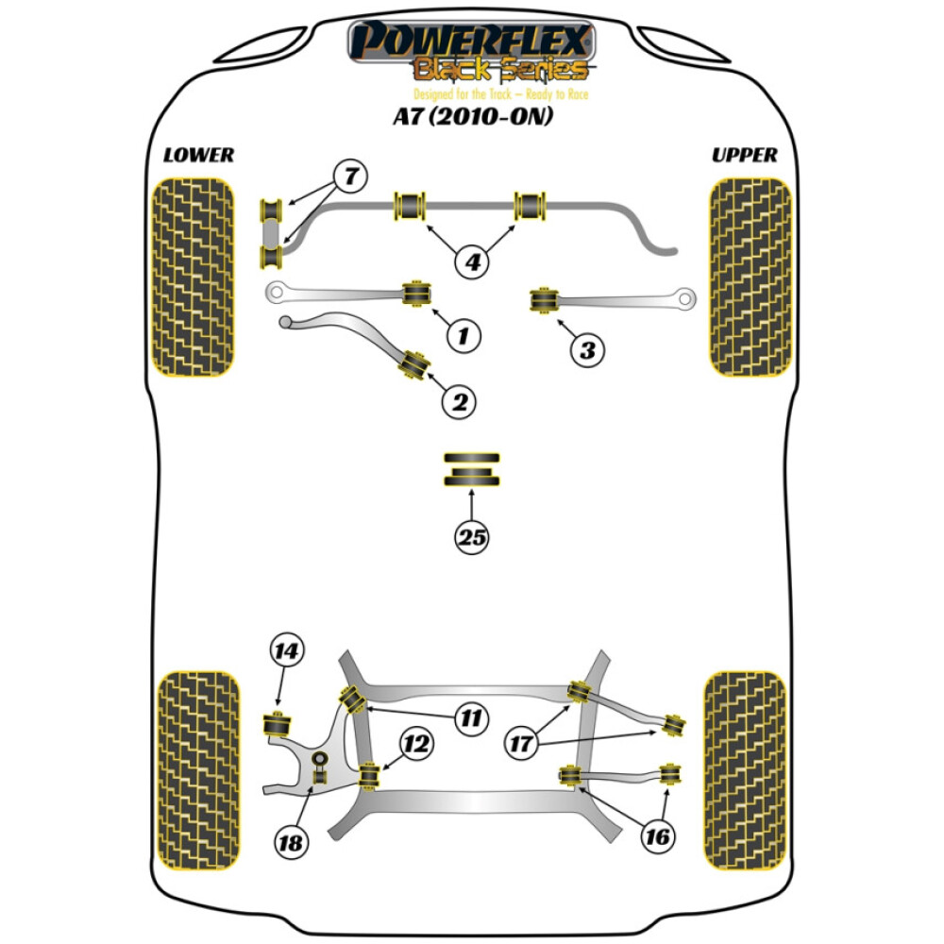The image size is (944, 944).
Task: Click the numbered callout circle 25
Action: click(473, 538)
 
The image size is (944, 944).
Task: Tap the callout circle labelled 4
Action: click(473, 261)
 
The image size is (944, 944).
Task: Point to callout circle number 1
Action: click(464, 334)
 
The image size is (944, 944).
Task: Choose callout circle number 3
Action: click(587, 351)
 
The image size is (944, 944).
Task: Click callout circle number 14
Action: click(286, 650)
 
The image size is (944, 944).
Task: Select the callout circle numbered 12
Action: click(418, 745)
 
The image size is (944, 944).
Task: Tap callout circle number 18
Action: click(293, 843)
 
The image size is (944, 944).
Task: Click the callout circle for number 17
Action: click(520, 745)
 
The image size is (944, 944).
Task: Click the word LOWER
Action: click(198, 155)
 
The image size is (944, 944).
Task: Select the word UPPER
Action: click(745, 155)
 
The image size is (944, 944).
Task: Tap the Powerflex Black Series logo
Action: click(472, 52)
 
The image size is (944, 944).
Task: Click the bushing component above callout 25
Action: click(473, 470)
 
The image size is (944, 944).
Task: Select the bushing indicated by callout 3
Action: click(543, 301)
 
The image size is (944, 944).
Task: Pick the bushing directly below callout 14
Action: click(276, 725)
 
